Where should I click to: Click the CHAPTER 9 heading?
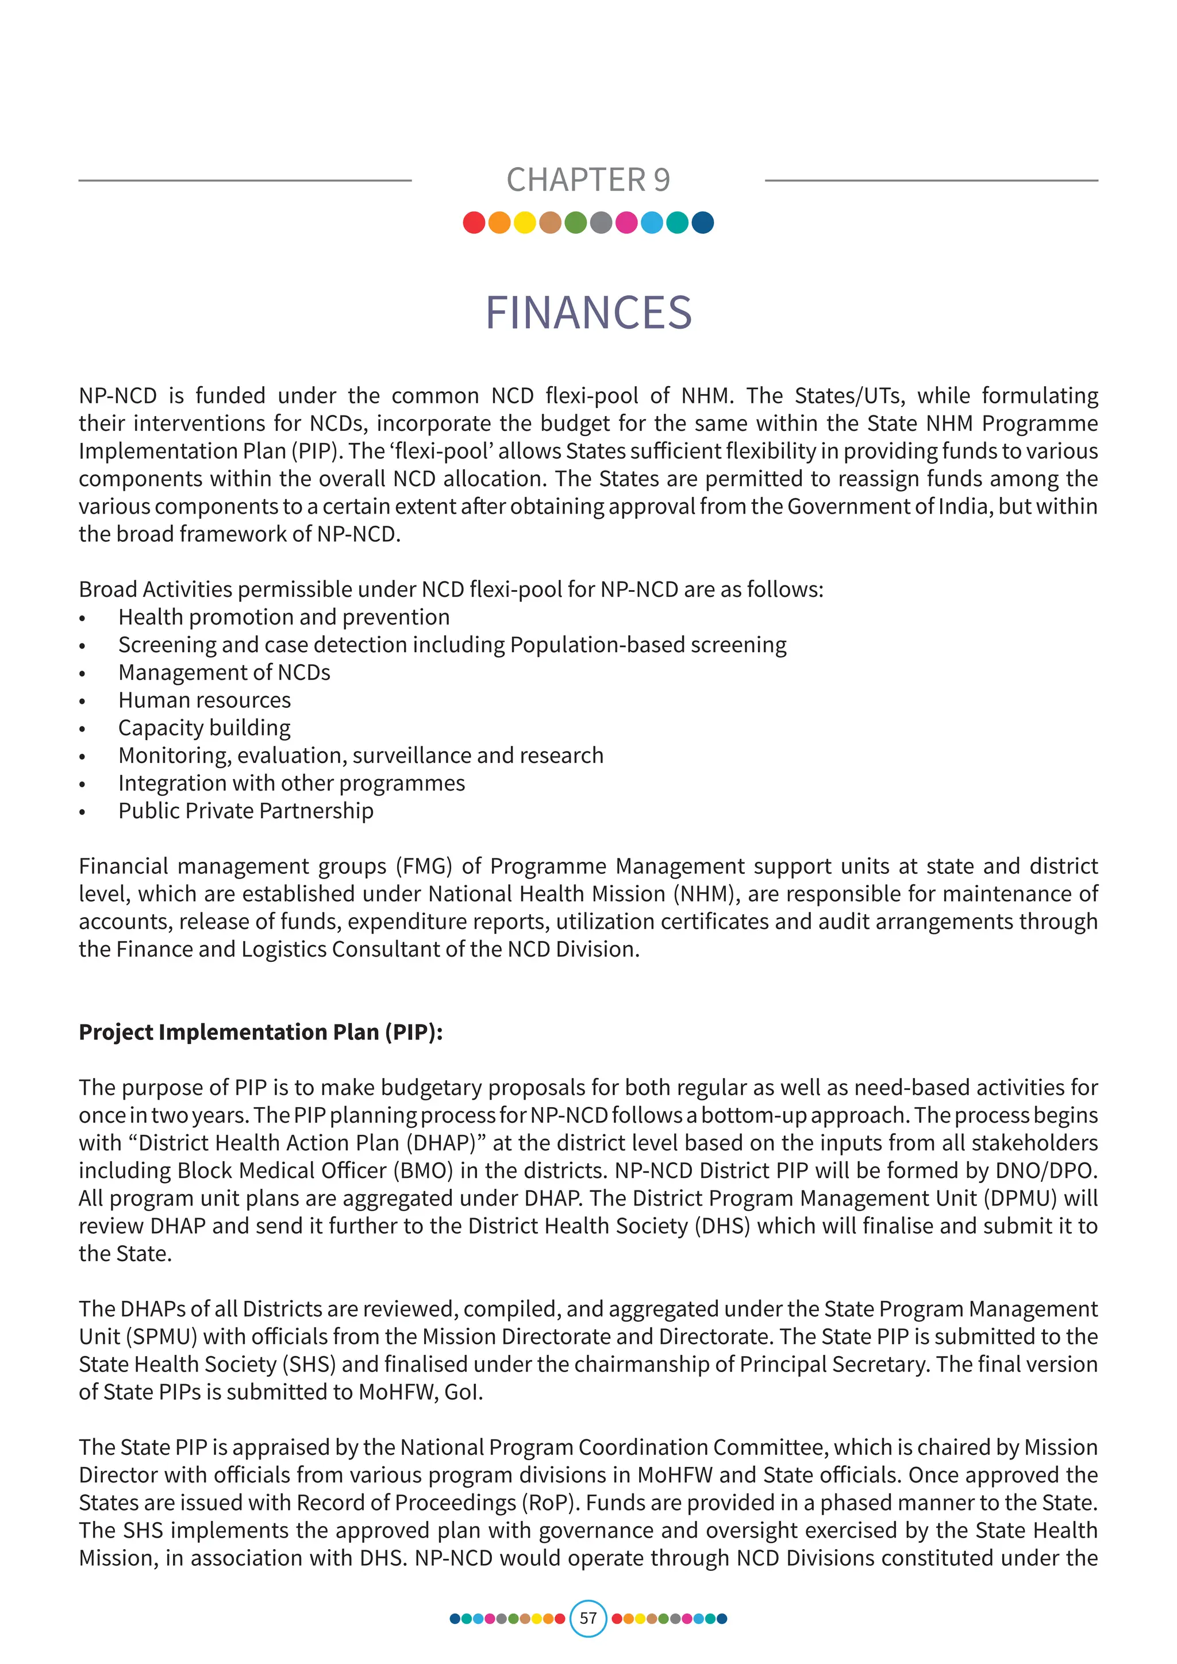tap(588, 180)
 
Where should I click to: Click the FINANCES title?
tap(588, 313)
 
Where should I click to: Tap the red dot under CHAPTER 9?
tap(474, 222)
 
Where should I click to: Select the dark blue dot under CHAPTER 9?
tap(702, 222)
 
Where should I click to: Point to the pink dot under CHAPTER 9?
tap(626, 222)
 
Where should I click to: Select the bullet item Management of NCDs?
tap(224, 673)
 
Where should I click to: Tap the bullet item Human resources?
tap(205, 700)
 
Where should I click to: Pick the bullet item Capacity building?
tap(205, 727)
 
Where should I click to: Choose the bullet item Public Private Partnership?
tap(246, 811)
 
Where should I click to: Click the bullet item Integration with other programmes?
tap(291, 783)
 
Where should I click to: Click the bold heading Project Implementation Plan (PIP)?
tap(260, 1032)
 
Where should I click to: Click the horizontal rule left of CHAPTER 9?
tap(245, 180)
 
